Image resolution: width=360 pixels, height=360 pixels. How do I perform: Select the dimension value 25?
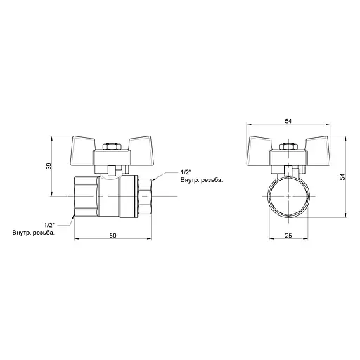[x=288, y=236]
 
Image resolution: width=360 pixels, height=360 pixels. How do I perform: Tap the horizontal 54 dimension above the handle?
[x=288, y=122]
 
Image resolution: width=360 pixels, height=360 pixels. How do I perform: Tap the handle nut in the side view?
[x=110, y=148]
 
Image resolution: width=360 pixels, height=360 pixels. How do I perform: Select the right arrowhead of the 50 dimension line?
[x=150, y=238]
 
